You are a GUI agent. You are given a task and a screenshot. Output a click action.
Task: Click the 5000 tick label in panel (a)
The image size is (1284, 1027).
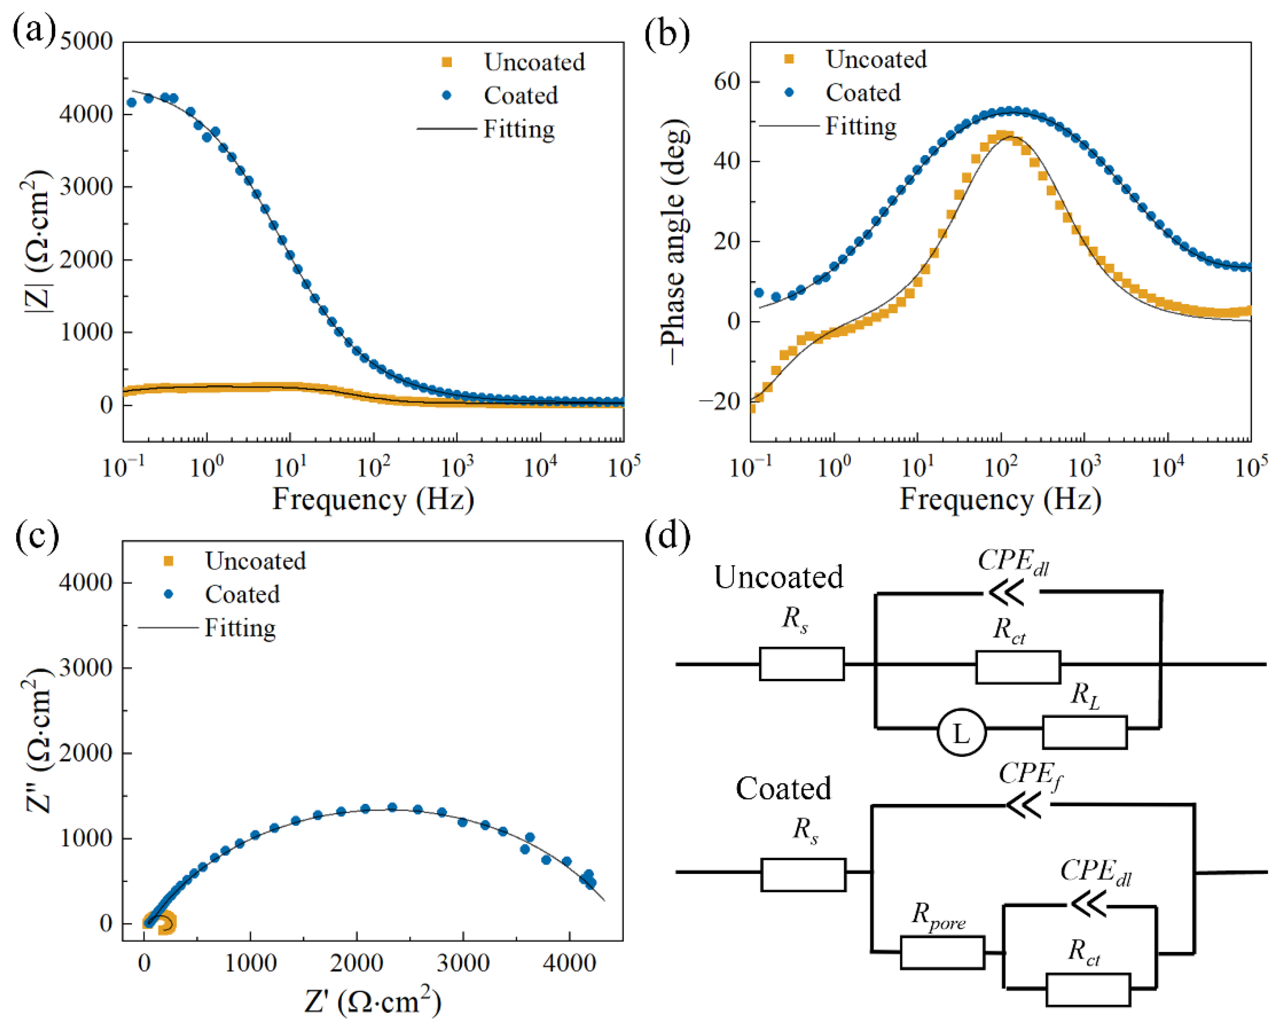[x=86, y=42]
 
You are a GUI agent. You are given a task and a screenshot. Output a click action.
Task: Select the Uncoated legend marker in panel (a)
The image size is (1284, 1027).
[x=447, y=62]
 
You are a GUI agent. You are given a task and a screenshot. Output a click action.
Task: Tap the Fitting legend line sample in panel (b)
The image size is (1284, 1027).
[x=789, y=126]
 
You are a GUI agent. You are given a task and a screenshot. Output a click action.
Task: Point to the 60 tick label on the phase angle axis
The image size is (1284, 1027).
[x=727, y=82]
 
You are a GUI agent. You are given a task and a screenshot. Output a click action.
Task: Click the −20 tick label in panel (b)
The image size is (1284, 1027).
[x=720, y=401]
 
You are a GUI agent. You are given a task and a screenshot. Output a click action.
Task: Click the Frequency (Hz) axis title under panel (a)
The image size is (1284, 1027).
[x=373, y=499]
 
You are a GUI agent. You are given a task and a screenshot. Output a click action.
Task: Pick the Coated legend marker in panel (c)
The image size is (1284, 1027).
[x=169, y=594]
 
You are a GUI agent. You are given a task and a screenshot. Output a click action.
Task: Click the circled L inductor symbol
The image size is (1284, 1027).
[x=961, y=733]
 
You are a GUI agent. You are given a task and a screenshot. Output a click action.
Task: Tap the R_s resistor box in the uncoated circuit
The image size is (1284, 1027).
[x=802, y=664]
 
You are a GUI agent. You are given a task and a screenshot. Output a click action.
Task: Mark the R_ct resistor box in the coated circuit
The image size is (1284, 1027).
[x=1088, y=990]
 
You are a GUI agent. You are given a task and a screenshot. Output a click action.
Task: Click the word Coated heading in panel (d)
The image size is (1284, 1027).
[x=783, y=789]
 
